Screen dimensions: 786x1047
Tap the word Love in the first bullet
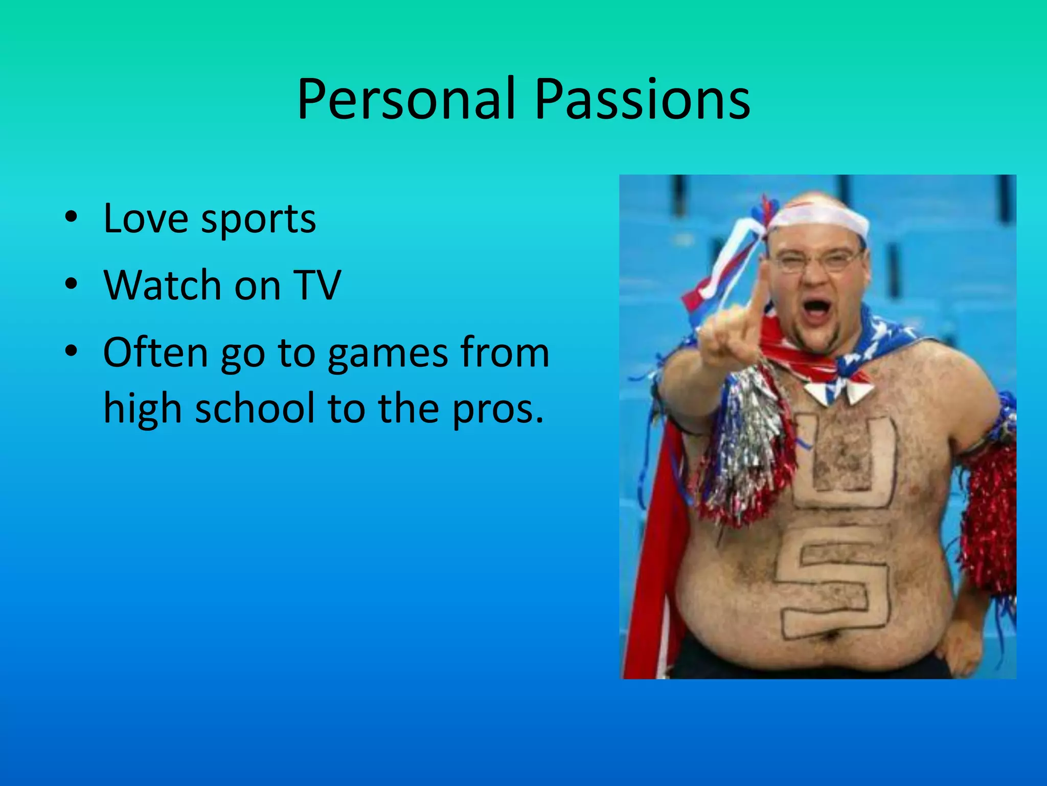[x=145, y=219]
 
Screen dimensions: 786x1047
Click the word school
[x=254, y=408]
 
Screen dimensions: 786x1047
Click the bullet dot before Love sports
[x=71, y=217]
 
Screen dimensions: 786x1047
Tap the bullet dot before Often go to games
[x=71, y=351]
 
